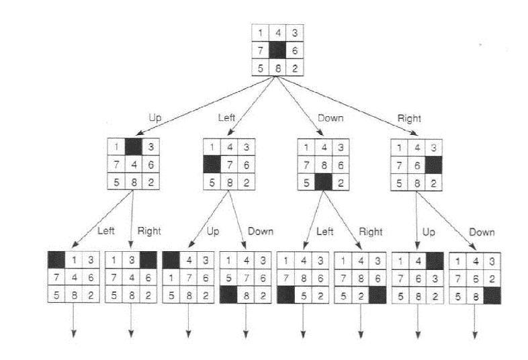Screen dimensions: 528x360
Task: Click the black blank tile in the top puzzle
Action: point(278,50)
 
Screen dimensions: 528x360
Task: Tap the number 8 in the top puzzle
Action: point(278,69)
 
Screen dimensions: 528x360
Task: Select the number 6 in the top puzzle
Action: point(295,50)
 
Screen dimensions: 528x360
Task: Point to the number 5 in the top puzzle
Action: point(261,69)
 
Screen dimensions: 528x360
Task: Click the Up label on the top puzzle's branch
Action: point(155,118)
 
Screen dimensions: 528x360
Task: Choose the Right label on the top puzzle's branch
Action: point(410,118)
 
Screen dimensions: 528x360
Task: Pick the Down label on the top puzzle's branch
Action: point(331,118)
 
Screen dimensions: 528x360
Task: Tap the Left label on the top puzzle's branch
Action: point(226,118)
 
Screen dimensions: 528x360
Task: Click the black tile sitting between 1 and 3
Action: point(134,147)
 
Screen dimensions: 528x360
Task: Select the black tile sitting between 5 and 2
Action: point(323,182)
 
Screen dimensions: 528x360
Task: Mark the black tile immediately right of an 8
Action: point(492,296)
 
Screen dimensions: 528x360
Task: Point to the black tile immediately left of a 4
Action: point(171,260)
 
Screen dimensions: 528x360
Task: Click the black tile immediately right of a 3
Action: point(148,260)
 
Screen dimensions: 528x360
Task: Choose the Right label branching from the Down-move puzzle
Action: point(371,232)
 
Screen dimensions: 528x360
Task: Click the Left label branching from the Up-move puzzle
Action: point(106,231)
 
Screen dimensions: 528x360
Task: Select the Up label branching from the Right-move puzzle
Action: point(429,232)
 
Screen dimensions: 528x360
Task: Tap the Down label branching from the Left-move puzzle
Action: point(261,231)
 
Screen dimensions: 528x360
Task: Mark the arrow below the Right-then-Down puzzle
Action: point(475,321)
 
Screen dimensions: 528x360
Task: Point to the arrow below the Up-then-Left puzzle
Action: point(73,320)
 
